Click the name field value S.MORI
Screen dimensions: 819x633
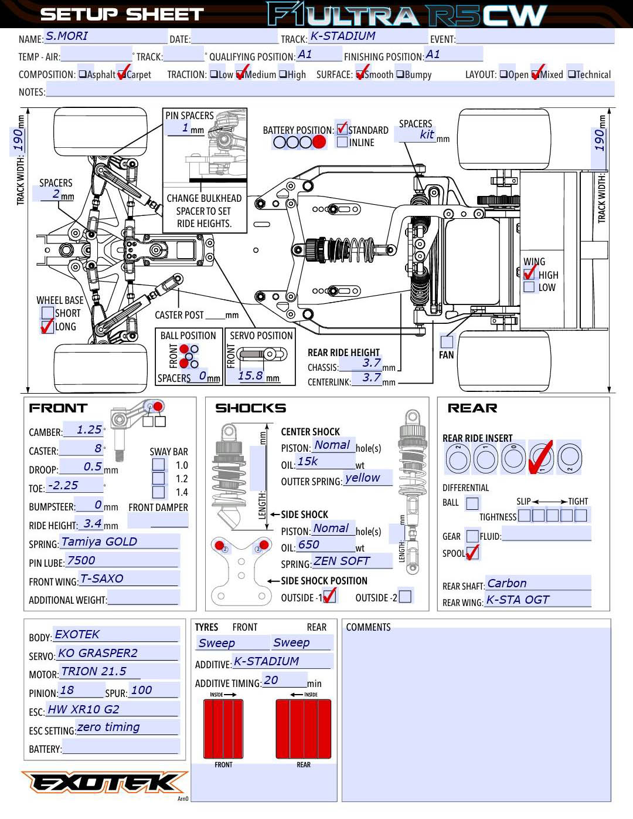67,36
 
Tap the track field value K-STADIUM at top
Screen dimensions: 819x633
343,36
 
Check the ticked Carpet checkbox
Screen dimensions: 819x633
122,75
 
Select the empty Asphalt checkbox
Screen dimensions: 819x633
83,75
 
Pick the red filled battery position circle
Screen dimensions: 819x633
319,142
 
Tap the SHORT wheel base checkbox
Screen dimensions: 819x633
47,313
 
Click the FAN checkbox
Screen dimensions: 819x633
447,341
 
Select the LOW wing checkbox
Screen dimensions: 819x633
529,287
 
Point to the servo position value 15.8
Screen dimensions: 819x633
250,376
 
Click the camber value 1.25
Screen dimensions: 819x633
89,430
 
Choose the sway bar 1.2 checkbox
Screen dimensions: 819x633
158,479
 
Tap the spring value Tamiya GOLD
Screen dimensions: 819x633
99,542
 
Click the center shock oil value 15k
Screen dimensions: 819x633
308,462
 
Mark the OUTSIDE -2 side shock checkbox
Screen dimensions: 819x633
405,597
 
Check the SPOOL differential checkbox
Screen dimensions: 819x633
472,553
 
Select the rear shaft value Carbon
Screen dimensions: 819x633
507,584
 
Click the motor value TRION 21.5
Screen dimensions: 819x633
94,672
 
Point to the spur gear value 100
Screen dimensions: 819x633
141,691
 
